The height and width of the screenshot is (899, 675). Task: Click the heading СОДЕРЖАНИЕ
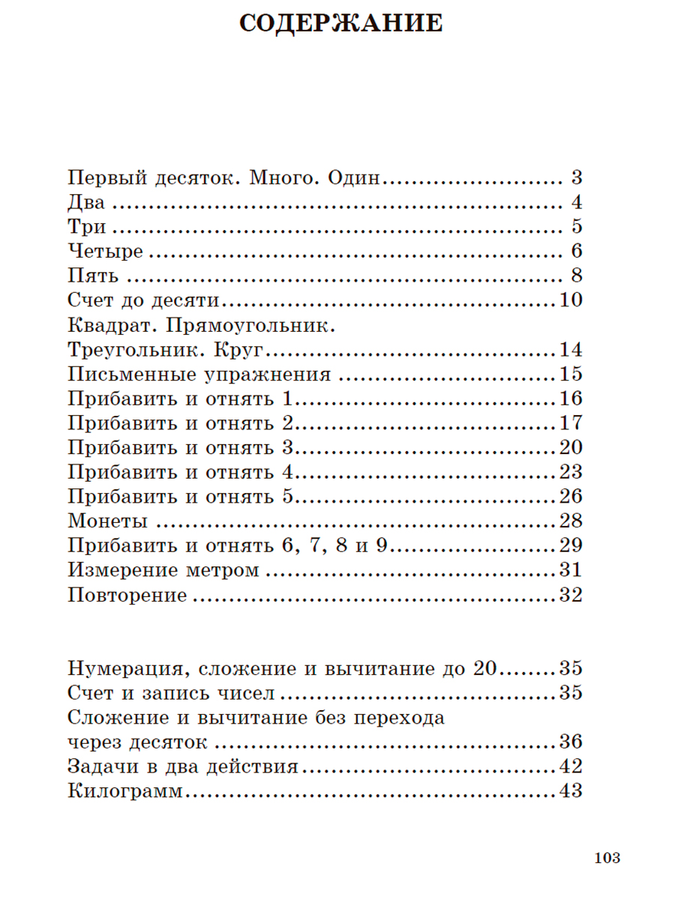tap(340, 23)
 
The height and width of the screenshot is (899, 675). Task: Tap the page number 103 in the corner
tap(607, 859)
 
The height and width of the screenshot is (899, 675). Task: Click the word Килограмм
tap(125, 791)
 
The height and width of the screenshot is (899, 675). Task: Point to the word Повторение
tap(127, 596)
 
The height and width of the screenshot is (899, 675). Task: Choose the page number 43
tap(570, 791)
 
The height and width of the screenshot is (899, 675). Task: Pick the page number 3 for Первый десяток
tap(576, 178)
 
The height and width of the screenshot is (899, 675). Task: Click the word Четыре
tap(105, 251)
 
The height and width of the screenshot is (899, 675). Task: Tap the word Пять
tap(93, 276)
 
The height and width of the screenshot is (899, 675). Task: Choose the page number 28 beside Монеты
tap(570, 521)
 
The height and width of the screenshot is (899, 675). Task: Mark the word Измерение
tap(120, 571)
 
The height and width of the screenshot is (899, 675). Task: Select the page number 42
tap(570, 766)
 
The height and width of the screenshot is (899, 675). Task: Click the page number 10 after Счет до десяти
tap(570, 300)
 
